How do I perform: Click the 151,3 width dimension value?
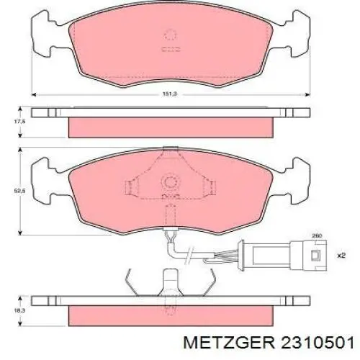point(170,94)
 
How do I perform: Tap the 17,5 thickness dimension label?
point(19,122)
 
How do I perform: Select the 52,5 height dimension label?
point(19,191)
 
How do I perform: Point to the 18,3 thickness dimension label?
point(19,310)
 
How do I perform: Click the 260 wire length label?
point(317,236)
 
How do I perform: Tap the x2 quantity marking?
point(341,256)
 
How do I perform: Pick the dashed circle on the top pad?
point(171,35)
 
